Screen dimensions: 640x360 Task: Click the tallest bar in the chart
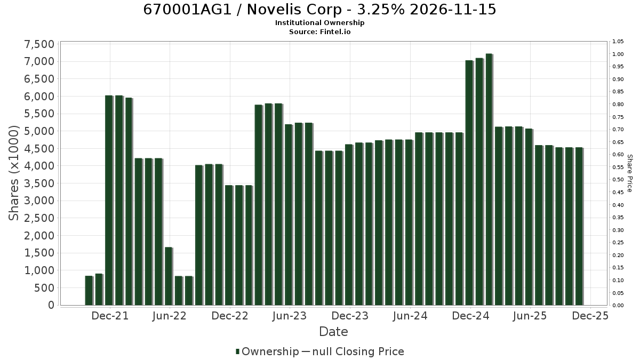pos(489,179)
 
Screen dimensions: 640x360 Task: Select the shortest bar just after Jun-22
pos(178,291)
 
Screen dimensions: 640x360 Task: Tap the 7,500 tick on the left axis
pos(39,45)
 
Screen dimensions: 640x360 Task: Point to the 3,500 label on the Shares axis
pos(39,183)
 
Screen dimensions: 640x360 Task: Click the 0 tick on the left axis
pos(51,305)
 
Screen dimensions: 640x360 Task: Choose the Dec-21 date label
pos(110,316)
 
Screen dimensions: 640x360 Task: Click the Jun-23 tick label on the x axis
pos(290,316)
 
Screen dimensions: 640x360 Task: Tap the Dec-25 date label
pos(590,316)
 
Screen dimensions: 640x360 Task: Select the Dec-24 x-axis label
pos(470,316)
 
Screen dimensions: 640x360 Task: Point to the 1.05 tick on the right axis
pos(618,42)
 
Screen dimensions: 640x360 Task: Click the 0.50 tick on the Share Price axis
pos(618,180)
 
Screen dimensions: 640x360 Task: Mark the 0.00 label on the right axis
pos(618,306)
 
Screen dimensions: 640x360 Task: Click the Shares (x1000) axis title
pos(13,173)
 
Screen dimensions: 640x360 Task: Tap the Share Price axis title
pos(629,173)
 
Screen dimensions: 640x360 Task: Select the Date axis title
pos(333,332)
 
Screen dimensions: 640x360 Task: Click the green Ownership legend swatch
pos(237,351)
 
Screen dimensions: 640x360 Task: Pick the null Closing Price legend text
pos(358,351)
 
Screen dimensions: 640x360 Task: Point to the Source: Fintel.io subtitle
pos(319,31)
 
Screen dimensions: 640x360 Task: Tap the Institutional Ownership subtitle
pos(319,23)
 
